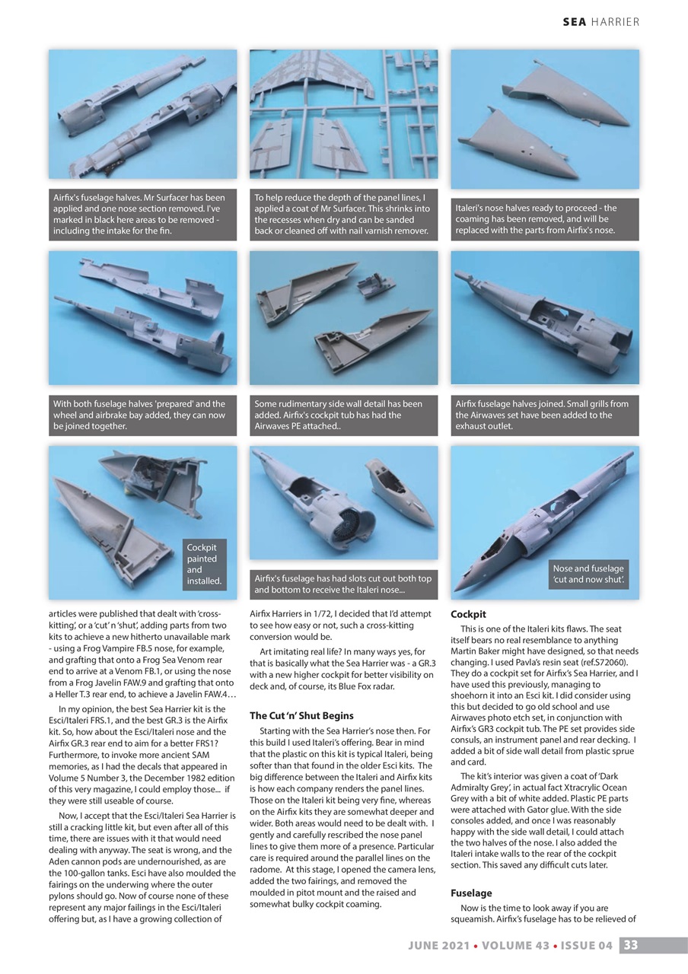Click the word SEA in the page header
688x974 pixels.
click(575, 22)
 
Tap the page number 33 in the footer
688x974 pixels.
click(630, 945)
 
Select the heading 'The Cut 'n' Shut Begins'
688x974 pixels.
click(301, 715)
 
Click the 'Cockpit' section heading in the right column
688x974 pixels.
click(468, 614)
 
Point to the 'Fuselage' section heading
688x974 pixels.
click(471, 893)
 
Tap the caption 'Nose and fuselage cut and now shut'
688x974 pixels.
click(588, 575)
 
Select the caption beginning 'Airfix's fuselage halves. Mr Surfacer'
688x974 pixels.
click(142, 214)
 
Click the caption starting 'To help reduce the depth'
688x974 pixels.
click(343, 214)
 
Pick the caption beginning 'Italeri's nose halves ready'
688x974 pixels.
click(544, 218)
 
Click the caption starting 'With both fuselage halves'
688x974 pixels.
click(142, 415)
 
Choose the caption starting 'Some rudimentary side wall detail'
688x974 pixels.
click(343, 415)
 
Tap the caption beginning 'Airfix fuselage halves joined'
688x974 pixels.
click(544, 415)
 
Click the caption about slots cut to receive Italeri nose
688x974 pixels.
click(343, 584)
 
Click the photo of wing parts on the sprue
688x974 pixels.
click(343, 114)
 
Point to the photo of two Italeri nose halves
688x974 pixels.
click(544, 118)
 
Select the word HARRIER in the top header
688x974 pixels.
click(615, 22)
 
